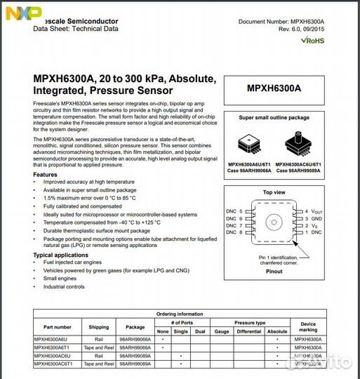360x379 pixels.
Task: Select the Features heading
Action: pyautogui.click(x=45, y=174)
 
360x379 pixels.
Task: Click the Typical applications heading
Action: pyautogui.click(x=62, y=255)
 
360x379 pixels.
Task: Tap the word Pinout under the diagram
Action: pyautogui.click(x=274, y=271)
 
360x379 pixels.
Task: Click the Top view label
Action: pyautogui.click(x=274, y=192)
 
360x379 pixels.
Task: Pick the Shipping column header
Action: pyautogui.click(x=99, y=326)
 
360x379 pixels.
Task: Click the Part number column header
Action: pyautogui.click(x=58, y=326)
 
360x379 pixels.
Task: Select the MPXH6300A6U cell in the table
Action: pyautogui.click(x=51, y=339)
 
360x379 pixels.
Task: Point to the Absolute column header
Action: pyautogui.click(x=276, y=331)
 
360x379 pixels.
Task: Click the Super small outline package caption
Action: pyautogui.click(x=274, y=118)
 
